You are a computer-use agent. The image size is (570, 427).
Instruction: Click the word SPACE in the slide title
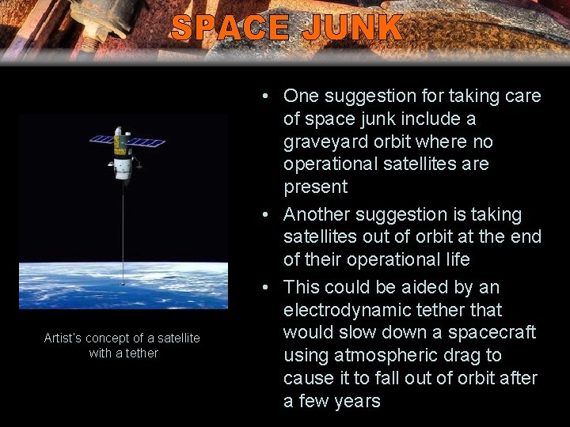click(x=230, y=28)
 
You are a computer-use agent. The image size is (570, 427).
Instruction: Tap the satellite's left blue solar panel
click(x=101, y=140)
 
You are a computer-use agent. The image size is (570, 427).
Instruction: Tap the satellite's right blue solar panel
click(x=147, y=142)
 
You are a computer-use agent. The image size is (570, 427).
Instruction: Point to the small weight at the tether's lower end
click(x=123, y=281)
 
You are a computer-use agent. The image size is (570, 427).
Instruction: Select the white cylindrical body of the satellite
click(x=122, y=166)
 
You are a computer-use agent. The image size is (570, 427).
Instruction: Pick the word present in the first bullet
click(x=316, y=187)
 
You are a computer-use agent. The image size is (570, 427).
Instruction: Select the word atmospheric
click(x=397, y=355)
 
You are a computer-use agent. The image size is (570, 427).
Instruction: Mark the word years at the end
click(x=355, y=401)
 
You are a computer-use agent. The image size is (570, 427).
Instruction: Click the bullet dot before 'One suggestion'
click(x=269, y=96)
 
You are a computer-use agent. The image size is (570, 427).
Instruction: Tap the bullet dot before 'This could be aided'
click(x=269, y=287)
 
